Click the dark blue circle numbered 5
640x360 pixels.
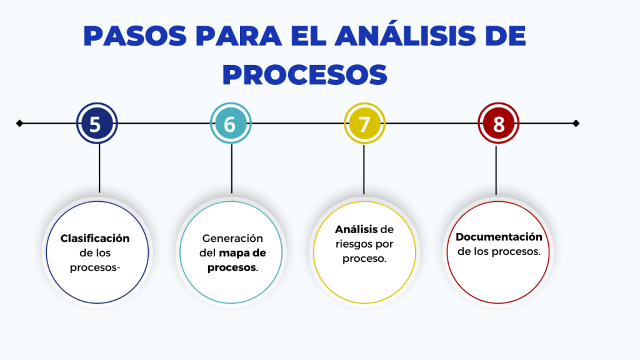[97, 123]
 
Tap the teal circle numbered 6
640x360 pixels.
[231, 123]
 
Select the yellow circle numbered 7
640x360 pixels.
[364, 123]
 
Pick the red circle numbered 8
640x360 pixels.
[498, 123]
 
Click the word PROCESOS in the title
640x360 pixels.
[305, 74]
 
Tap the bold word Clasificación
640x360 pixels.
[95, 238]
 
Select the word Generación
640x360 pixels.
[233, 239]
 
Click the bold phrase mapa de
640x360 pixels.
[242, 253]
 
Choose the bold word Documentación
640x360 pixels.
[499, 237]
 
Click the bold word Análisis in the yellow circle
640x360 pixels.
[356, 229]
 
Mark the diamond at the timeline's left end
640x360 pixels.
[19, 123]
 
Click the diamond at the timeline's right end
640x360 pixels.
[576, 123]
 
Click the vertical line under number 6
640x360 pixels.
[232, 169]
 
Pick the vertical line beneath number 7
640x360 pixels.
[364, 169]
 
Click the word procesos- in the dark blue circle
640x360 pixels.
[96, 267]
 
